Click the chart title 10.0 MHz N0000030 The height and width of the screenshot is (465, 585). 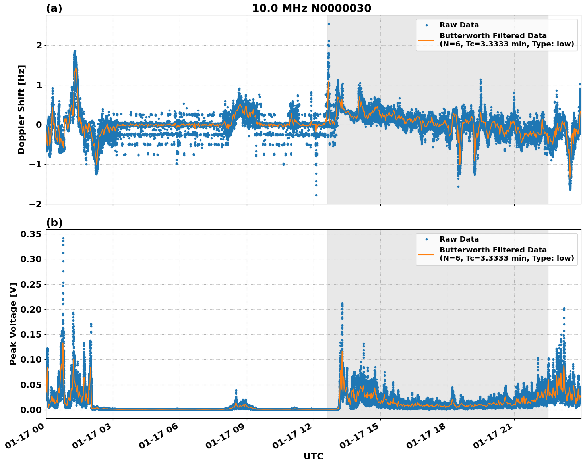[312, 8]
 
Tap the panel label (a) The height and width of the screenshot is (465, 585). [54, 8]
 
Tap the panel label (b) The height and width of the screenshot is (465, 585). [54, 223]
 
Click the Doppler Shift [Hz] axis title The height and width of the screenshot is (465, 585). [21, 110]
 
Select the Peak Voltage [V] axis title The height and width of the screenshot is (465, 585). [13, 324]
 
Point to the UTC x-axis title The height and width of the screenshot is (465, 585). [313, 456]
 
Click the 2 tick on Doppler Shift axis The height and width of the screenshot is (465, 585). [39, 46]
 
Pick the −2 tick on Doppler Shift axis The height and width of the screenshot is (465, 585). [36, 204]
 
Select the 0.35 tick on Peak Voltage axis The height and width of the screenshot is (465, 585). [31, 234]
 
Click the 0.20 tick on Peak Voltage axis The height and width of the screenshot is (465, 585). [31, 309]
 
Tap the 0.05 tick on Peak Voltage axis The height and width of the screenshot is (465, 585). [31, 385]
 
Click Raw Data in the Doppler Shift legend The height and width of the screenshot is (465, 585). [459, 25]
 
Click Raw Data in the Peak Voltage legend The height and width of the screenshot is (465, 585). [459, 239]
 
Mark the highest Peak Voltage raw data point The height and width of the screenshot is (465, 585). [63, 238]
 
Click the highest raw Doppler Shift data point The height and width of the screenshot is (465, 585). [329, 24]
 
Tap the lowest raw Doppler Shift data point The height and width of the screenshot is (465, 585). [316, 195]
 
